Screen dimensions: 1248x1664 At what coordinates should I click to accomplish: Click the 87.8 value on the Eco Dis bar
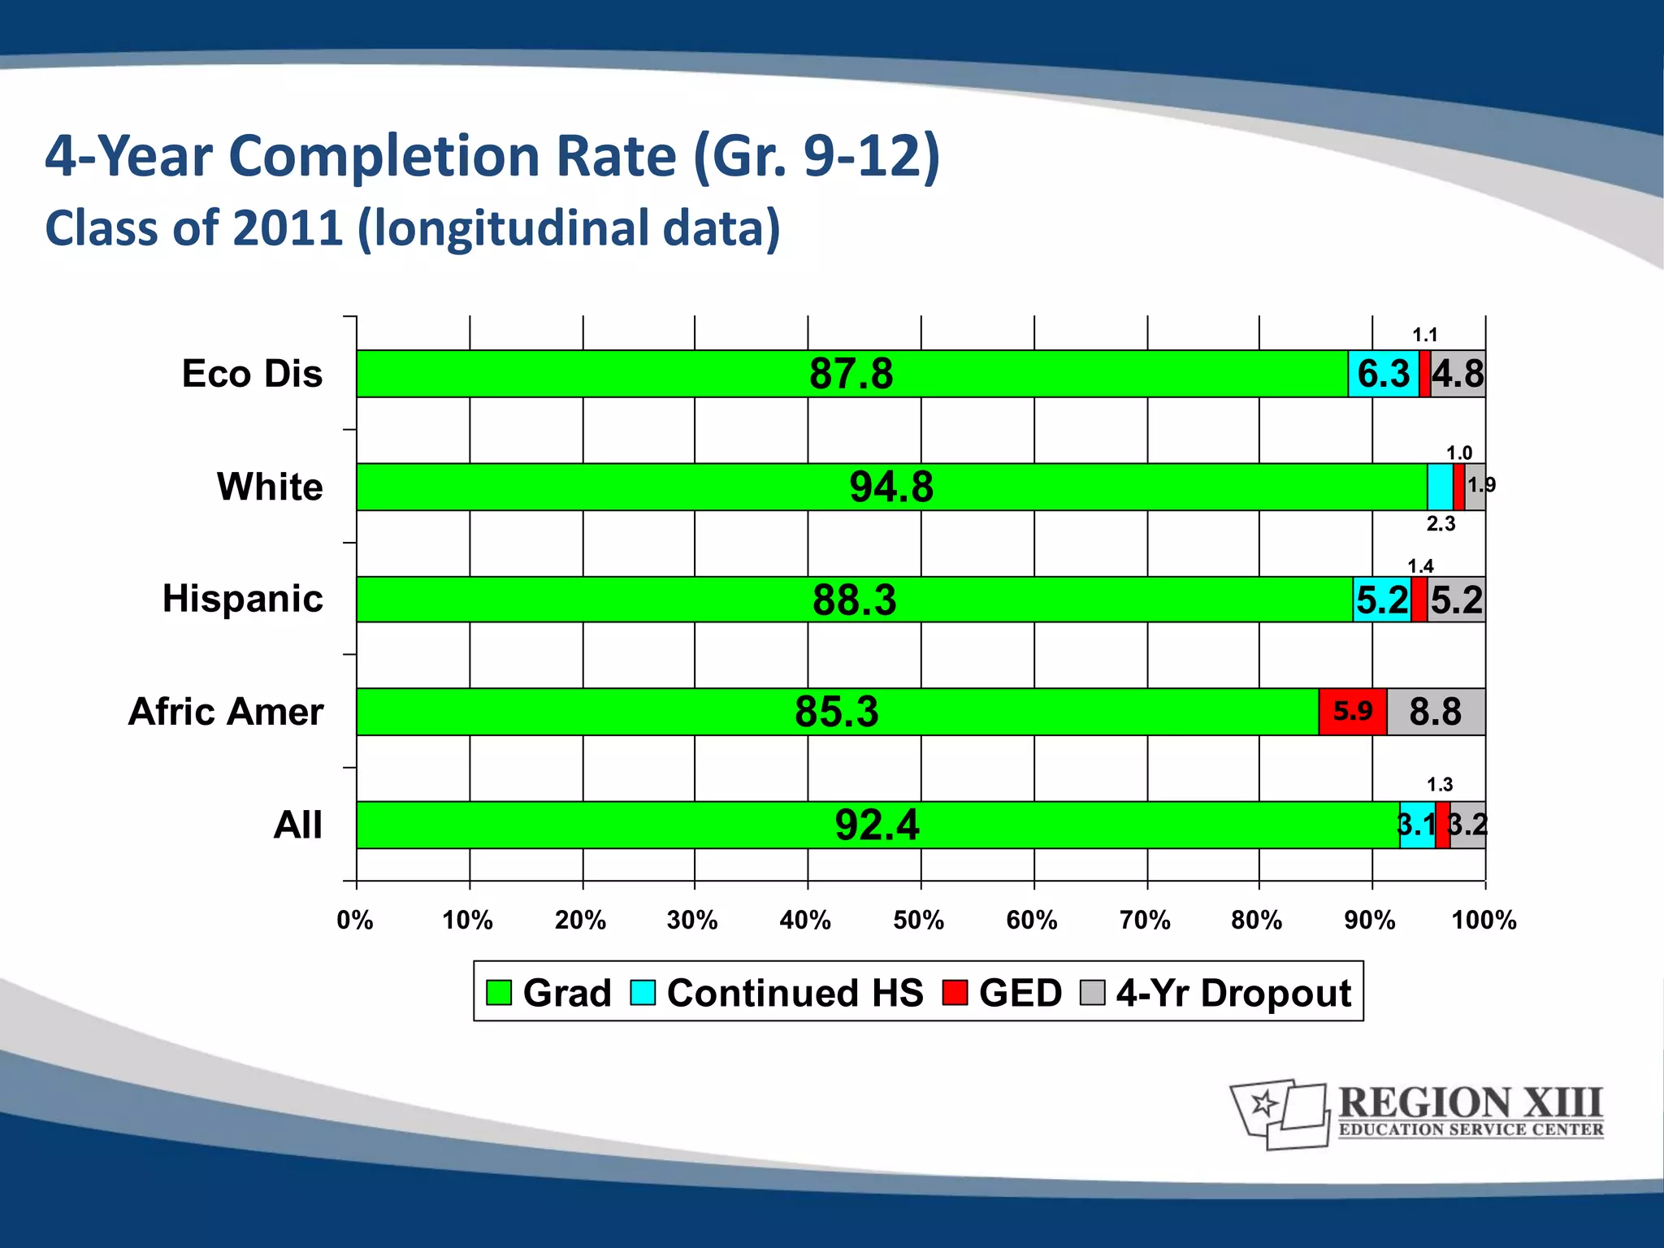pyautogui.click(x=851, y=375)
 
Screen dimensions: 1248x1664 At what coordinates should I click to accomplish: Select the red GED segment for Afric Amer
pyautogui.click(x=1352, y=712)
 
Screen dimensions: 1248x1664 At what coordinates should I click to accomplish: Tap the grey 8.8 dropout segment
pyautogui.click(x=1435, y=712)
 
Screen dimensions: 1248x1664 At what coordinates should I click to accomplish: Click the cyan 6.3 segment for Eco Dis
pyautogui.click(x=1383, y=375)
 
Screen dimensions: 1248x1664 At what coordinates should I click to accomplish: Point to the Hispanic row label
pyautogui.click(x=242, y=599)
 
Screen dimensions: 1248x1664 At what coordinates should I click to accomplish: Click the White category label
pyautogui.click(x=270, y=487)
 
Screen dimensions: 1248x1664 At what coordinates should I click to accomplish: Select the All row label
pyautogui.click(x=297, y=825)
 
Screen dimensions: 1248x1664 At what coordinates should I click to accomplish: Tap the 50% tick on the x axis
pyautogui.click(x=919, y=921)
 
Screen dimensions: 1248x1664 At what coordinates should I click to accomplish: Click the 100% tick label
pyautogui.click(x=1484, y=921)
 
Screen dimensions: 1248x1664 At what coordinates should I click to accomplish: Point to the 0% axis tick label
pyautogui.click(x=355, y=921)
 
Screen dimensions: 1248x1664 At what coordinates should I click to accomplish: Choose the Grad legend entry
pyautogui.click(x=548, y=993)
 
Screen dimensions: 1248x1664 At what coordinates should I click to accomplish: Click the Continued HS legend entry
pyautogui.click(x=778, y=993)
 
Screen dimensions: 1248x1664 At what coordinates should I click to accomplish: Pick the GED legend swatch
pyautogui.click(x=955, y=993)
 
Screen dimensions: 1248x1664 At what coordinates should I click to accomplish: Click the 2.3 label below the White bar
pyautogui.click(x=1441, y=524)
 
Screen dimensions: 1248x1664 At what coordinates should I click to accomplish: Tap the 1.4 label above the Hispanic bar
pyautogui.click(x=1420, y=566)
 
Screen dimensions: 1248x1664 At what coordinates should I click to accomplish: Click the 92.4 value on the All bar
pyautogui.click(x=877, y=825)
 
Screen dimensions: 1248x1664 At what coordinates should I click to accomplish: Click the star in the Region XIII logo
pyautogui.click(x=1263, y=1103)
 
